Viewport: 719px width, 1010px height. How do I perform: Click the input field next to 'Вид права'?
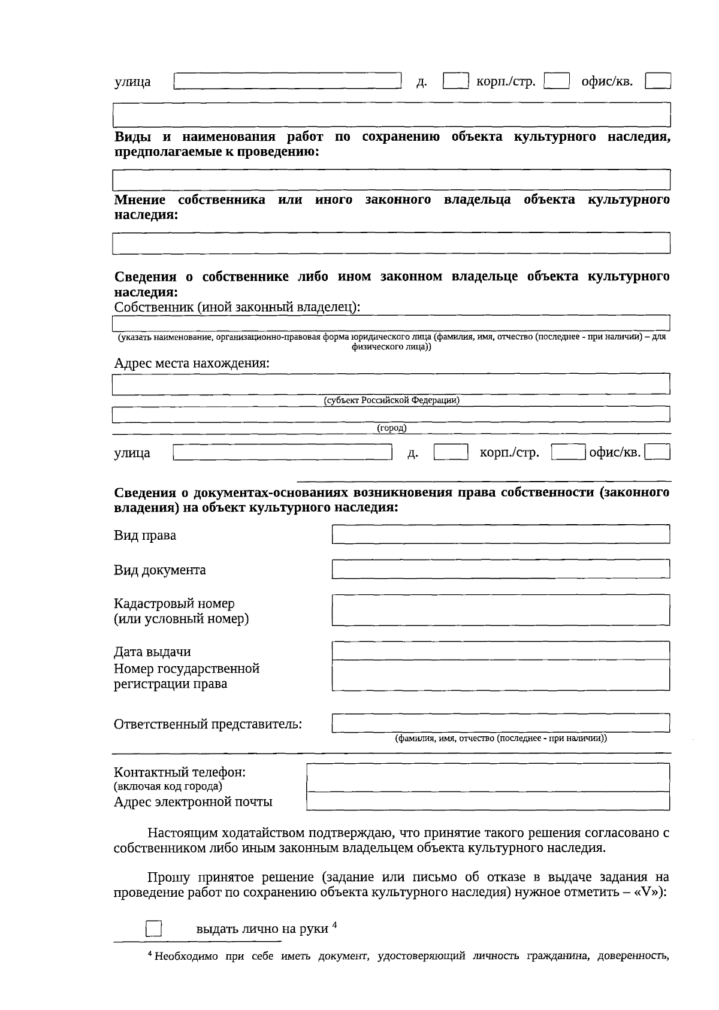[501, 534]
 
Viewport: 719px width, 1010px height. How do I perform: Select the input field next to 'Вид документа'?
[501, 569]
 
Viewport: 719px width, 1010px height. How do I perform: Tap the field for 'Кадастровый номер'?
[501, 610]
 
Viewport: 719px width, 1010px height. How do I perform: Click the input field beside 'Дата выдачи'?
[501, 651]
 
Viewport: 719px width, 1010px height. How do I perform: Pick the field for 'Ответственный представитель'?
[501, 723]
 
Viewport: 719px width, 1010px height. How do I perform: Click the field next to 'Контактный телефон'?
[488, 778]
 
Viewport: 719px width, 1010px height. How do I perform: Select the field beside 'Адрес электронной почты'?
[488, 801]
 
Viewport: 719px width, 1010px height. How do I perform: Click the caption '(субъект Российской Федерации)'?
[391, 400]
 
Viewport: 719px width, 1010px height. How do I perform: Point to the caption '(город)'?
[391, 428]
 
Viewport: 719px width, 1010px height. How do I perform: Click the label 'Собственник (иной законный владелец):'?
[237, 307]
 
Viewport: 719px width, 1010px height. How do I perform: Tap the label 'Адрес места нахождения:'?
[192, 363]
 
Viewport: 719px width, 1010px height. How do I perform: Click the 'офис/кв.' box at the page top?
[657, 81]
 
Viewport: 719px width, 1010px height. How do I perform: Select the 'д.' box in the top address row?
[455, 81]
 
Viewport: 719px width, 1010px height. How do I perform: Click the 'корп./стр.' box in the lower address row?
[568, 452]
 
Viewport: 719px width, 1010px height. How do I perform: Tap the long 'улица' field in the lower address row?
[282, 452]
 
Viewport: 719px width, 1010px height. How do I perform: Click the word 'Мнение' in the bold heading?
[140, 199]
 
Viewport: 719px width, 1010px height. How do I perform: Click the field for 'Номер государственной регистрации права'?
[501, 675]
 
